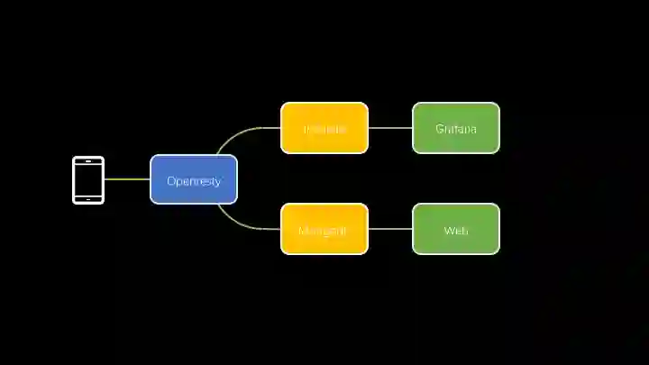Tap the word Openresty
tap(194, 181)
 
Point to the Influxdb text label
tap(324, 129)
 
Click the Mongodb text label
tap(322, 231)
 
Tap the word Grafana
tap(456, 129)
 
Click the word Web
tap(456, 231)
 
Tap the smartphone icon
tap(88, 180)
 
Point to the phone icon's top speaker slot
tap(88, 161)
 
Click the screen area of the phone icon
tap(88, 180)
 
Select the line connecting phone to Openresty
tap(127, 179)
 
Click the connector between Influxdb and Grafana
tap(390, 128)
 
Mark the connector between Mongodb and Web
tap(390, 229)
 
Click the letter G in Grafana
tap(439, 129)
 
